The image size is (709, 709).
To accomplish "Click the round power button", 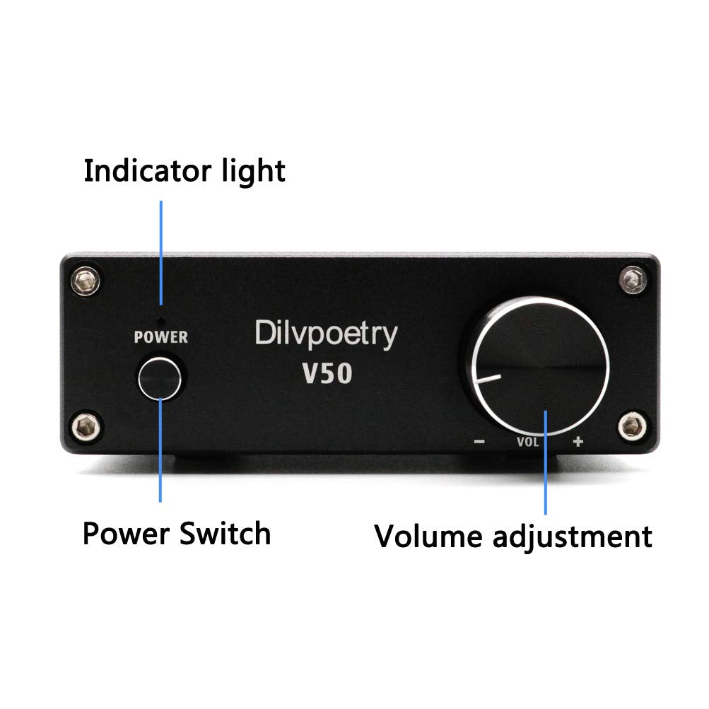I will coord(160,377).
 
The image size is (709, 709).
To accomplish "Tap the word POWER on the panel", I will coord(161,337).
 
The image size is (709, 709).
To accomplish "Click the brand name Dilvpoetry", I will coord(325,334).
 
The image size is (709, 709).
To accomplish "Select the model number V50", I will coord(327,373).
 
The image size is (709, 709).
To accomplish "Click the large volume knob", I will coord(537,368).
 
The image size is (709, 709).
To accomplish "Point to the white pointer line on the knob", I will coord(488,380).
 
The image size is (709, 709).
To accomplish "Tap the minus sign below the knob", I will coord(480,443).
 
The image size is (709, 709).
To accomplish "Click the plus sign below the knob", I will coord(578,443).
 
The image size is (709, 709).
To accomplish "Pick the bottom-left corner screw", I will coord(86,426).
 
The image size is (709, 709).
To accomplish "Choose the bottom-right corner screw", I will coord(632,426).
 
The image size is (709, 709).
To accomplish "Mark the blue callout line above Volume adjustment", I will coord(546,459).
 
